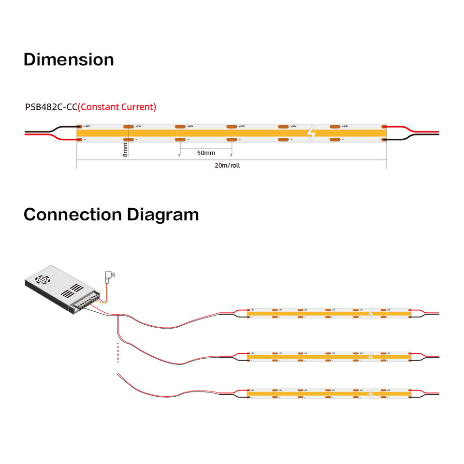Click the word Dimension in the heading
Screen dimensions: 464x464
click(69, 59)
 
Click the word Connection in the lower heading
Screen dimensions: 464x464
click(73, 214)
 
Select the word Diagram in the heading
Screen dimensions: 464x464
click(163, 214)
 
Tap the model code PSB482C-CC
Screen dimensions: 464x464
click(51, 107)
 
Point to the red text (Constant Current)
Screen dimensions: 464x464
click(117, 107)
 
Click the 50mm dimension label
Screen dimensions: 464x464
click(206, 153)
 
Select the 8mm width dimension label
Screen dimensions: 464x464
click(125, 148)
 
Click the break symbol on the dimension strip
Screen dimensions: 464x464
click(312, 132)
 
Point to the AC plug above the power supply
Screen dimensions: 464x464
click(109, 276)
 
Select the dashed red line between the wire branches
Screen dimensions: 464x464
click(118, 352)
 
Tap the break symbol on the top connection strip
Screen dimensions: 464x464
click(371, 313)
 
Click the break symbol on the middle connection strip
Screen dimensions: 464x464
click(371, 356)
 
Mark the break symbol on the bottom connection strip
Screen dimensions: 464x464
click(371, 393)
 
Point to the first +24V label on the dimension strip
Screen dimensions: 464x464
click(87, 126)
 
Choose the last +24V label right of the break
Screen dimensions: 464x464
click(345, 126)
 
